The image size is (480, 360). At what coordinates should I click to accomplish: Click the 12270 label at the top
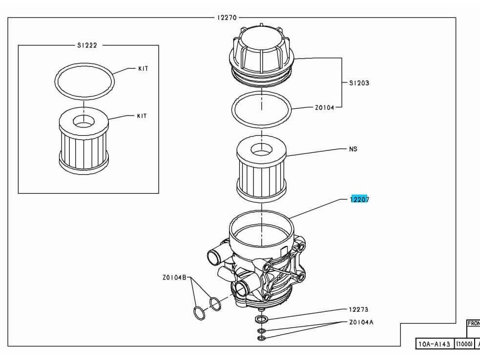coord(227,18)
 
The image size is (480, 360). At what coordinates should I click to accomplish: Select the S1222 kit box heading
coord(87,45)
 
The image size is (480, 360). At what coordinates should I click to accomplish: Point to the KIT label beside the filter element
coord(142,116)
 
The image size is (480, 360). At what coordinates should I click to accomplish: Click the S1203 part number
coord(359,83)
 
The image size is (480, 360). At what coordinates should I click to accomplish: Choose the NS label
coord(353,149)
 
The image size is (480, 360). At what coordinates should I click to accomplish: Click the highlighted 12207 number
coord(359,199)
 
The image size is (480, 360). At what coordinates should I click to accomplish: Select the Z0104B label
coord(175,278)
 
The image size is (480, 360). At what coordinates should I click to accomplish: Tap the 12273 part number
coord(358,309)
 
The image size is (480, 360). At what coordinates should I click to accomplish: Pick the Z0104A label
coord(361,322)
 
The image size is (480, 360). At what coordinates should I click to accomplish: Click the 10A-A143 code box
coord(434,344)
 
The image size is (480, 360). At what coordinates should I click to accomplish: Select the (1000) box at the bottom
coord(463,344)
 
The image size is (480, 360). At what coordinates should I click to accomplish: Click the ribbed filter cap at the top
coord(262,51)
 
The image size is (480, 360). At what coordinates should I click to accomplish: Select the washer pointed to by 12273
coord(261,320)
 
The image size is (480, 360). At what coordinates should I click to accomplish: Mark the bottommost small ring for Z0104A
coord(261,338)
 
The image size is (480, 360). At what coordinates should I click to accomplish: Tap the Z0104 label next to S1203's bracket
coord(324,108)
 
